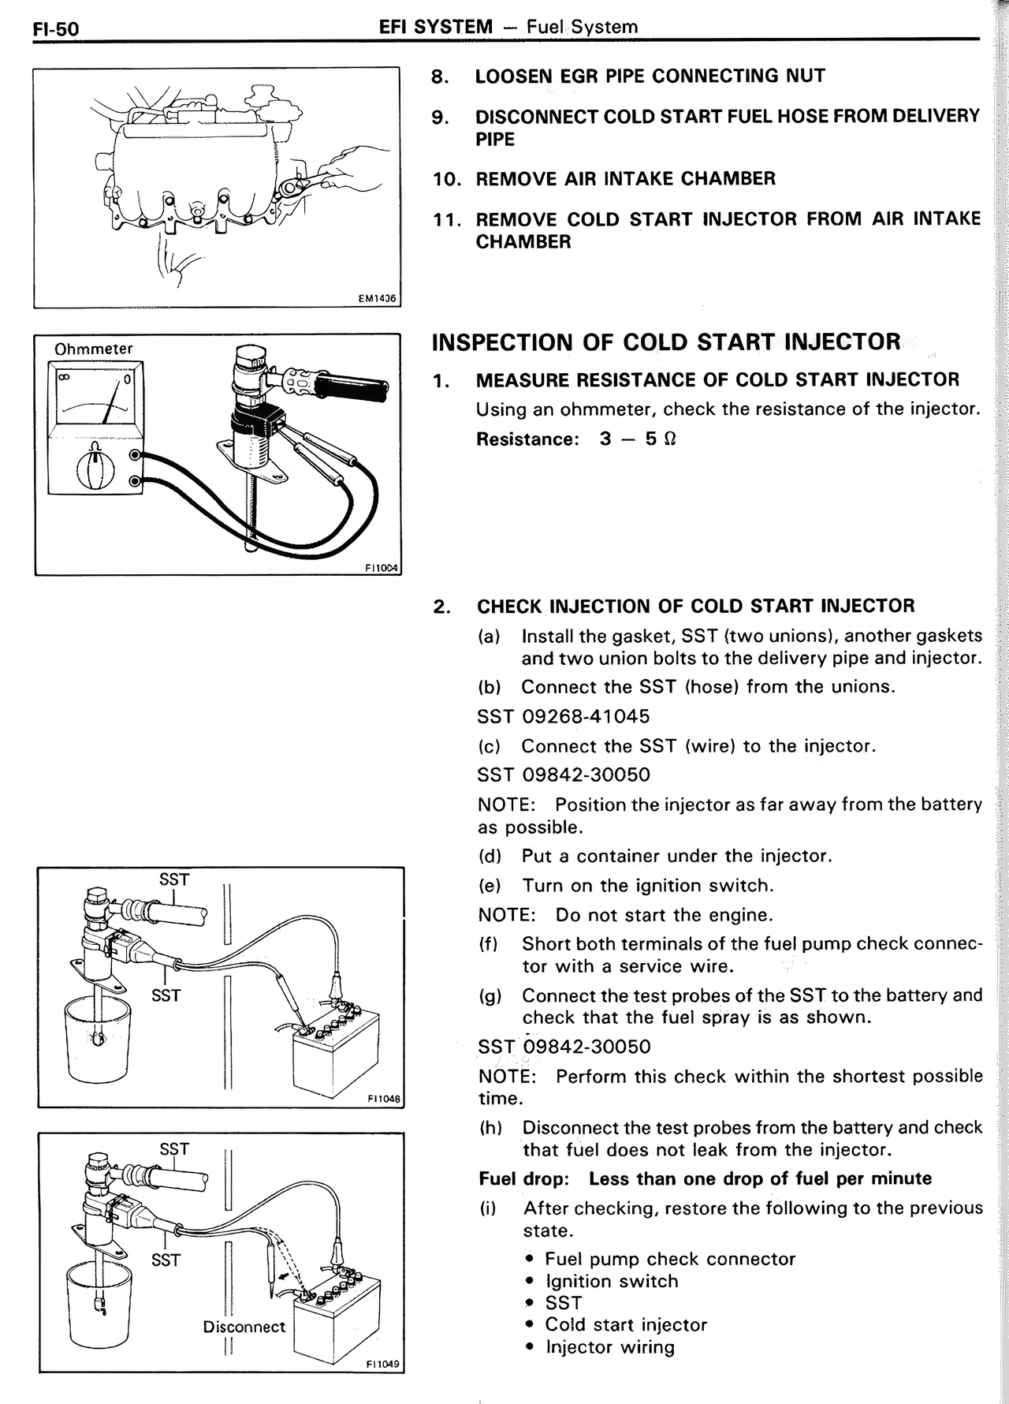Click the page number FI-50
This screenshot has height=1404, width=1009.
click(x=55, y=29)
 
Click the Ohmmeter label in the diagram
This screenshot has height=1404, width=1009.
click(x=93, y=349)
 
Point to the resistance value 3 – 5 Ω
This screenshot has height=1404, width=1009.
click(x=637, y=439)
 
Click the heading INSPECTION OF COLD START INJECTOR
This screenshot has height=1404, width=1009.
click(x=665, y=342)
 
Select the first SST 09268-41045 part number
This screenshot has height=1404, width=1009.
click(x=564, y=717)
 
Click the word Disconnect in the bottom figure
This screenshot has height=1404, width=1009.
click(x=244, y=1327)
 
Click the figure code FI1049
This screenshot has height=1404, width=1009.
click(x=383, y=1364)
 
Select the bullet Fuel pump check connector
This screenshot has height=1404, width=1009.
click(x=670, y=1259)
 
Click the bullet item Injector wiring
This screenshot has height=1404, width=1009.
click(x=610, y=1346)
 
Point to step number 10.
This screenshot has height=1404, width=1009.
click(x=446, y=179)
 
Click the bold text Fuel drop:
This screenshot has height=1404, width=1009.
click(x=523, y=1178)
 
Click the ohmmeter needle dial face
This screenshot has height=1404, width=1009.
click(x=95, y=399)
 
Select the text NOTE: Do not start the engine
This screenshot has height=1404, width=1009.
click(x=625, y=915)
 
